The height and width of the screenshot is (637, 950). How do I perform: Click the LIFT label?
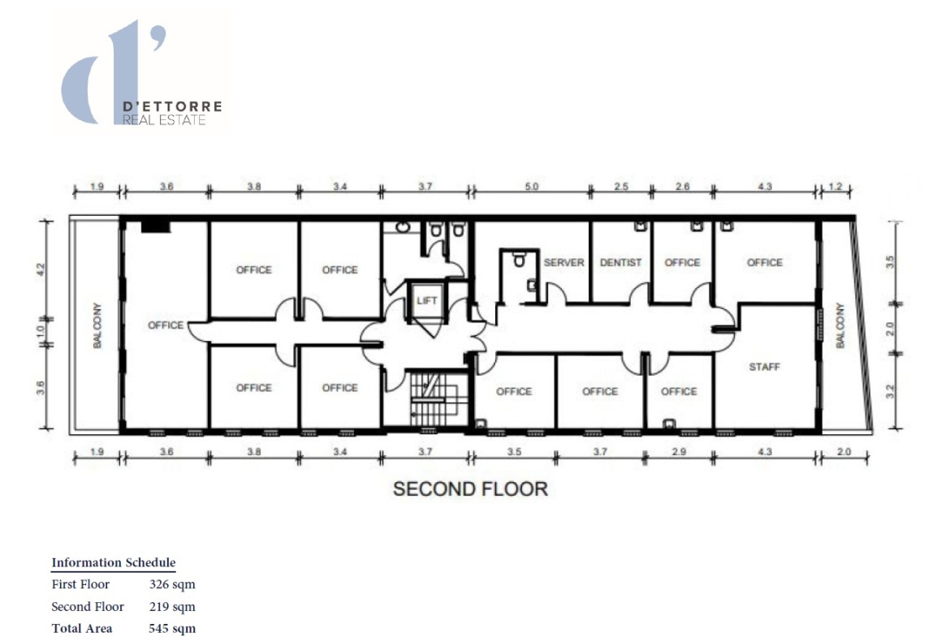(426, 300)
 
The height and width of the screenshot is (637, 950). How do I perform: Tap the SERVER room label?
(564, 262)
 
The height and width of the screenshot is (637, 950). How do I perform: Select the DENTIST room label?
(620, 262)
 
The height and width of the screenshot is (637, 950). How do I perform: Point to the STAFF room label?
(764, 367)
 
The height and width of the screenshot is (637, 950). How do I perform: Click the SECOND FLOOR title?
(470, 489)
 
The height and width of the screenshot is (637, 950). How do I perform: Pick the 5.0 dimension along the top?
(531, 187)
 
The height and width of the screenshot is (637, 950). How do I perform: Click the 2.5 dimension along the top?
(621, 187)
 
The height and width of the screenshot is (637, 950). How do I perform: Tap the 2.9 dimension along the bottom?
(679, 452)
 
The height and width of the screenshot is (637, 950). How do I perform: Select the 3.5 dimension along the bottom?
(514, 452)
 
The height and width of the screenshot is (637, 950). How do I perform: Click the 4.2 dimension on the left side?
(41, 269)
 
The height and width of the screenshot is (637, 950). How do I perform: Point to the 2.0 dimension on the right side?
(889, 329)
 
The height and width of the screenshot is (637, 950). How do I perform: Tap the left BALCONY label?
(97, 325)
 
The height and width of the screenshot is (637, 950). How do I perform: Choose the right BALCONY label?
(840, 325)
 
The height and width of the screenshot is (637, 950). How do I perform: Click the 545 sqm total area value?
(172, 629)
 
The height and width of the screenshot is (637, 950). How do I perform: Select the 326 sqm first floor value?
(172, 584)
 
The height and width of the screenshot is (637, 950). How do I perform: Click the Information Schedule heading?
(114, 562)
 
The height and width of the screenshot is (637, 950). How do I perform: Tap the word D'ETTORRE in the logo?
(172, 106)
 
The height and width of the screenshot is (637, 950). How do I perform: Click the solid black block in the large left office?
(156, 226)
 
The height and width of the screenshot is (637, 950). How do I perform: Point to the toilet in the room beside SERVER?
(519, 260)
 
